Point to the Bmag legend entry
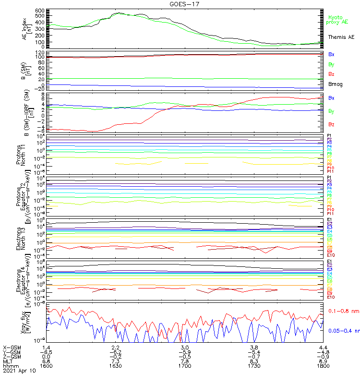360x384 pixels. pyautogui.click(x=335, y=84)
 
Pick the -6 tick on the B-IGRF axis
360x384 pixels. pyautogui.click(x=42, y=131)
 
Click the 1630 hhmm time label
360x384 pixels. pyautogui.click(x=116, y=366)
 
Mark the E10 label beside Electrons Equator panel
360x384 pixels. pyautogui.click(x=331, y=297)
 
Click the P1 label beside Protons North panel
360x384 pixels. pyautogui.click(x=329, y=136)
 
